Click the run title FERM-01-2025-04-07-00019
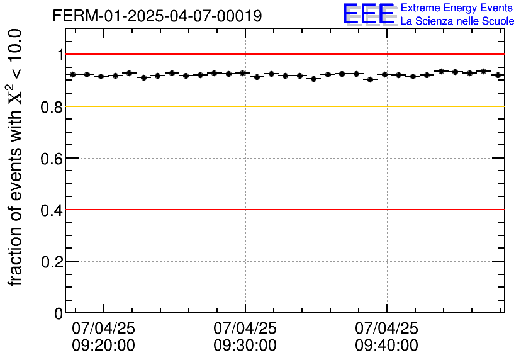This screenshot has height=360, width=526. pos(157,16)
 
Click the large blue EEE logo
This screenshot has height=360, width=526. pos(369,14)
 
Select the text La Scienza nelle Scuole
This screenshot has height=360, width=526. pos(457,21)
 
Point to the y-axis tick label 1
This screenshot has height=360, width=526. pos(60,55)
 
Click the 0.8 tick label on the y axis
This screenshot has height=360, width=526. pos(53,107)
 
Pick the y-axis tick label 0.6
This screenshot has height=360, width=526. pos(53,159)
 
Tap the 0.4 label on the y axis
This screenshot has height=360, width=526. pos(53,210)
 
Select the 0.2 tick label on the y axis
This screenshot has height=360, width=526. pos(53,262)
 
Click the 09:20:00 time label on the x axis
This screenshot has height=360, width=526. pos(104,346)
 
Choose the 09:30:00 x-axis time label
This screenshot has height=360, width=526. pos(245,346)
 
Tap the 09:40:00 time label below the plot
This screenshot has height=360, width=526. pos(386,346)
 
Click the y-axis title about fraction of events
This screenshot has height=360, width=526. pos(16,157)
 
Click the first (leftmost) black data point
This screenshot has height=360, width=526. pos(73,74)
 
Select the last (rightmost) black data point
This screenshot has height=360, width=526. pos(498,75)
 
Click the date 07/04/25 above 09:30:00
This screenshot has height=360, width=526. pos(245,329)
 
